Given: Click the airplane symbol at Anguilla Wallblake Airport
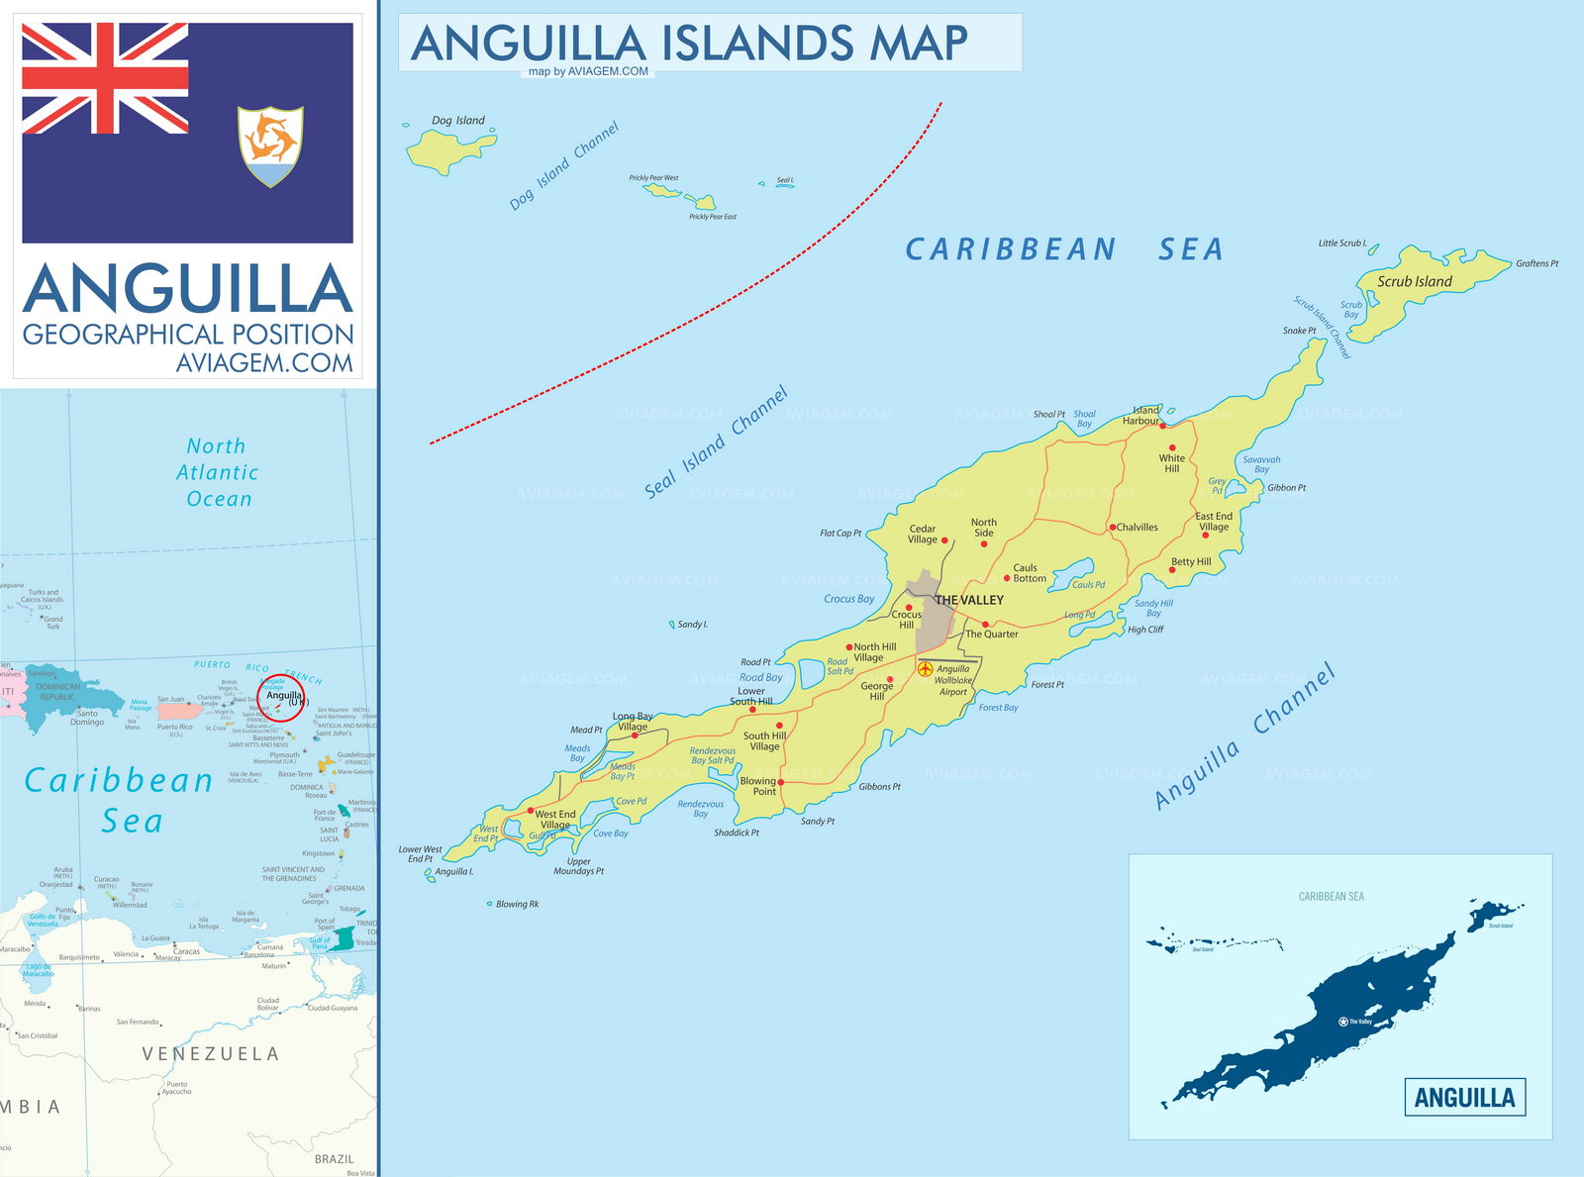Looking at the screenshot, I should tap(925, 670).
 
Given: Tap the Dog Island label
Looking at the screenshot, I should tap(458, 121).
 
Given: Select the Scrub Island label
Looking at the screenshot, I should tap(1414, 282).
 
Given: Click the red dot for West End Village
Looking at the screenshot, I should tap(531, 811).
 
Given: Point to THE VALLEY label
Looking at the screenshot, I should tap(969, 600).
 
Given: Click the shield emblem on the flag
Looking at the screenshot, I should tap(270, 146).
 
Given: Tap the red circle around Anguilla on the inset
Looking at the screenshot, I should tap(281, 698).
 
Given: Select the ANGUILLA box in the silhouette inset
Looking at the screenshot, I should tap(1464, 1097).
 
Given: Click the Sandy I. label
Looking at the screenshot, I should tap(692, 625).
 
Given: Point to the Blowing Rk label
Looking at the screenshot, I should tap(517, 904).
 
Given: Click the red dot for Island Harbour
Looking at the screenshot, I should tap(1163, 426).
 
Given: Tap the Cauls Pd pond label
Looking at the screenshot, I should tap(1088, 585).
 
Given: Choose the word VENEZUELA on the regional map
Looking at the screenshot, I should tap(210, 1054).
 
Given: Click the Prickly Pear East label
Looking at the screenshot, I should tap(713, 217).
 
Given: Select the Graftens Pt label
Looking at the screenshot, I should tap(1536, 263).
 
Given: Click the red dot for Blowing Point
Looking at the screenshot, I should tap(781, 782).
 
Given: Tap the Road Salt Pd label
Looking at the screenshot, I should tap(840, 666).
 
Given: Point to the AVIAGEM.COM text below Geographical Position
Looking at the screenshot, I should tap(264, 363).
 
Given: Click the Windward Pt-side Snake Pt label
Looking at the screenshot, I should tap(1299, 331).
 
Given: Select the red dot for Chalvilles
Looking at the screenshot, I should tap(1112, 528).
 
